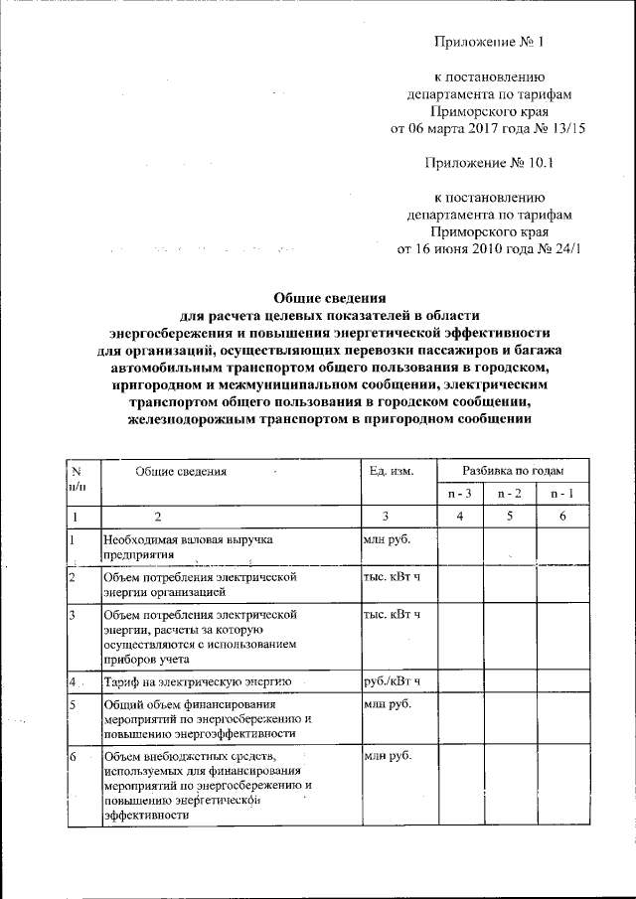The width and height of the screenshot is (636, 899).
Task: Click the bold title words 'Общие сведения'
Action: click(x=329, y=297)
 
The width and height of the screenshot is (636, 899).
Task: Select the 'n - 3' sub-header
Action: click(x=459, y=494)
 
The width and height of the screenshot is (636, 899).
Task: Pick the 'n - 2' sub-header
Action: click(x=509, y=494)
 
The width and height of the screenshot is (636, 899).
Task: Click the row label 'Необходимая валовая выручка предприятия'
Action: click(x=188, y=545)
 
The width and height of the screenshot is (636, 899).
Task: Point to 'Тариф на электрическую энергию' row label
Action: click(x=197, y=681)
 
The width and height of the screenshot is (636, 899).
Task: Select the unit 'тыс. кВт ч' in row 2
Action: click(x=393, y=575)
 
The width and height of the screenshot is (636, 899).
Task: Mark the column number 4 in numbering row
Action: click(x=459, y=516)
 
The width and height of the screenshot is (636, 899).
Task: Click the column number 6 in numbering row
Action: click(x=561, y=516)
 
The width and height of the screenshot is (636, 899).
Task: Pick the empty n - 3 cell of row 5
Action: click(x=459, y=718)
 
